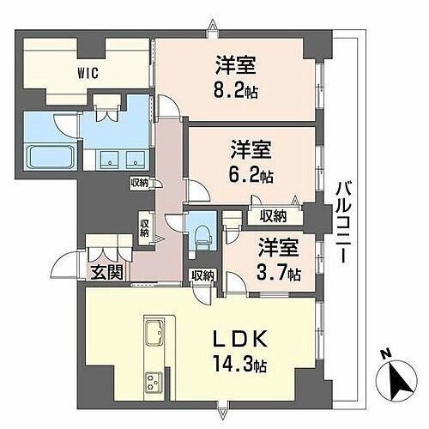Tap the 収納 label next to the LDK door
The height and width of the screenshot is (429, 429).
click(x=203, y=275)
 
